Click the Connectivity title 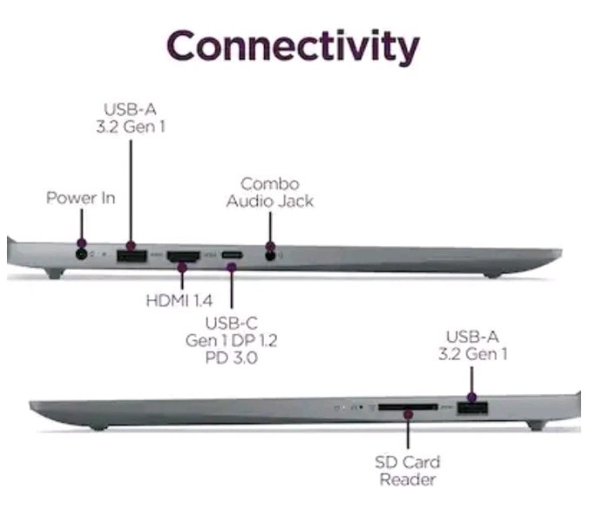(293, 47)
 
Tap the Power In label (80, 198)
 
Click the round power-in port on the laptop (81, 253)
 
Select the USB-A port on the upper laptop (132, 256)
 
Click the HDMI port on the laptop (183, 257)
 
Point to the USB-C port (232, 255)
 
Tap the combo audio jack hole (270, 256)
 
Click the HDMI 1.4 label (179, 300)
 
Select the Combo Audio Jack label (270, 192)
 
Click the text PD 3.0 (232, 358)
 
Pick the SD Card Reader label (408, 471)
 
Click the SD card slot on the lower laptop (408, 407)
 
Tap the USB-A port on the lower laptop (472, 408)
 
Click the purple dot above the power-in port (82, 243)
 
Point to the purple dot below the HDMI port (182, 268)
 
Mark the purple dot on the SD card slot (408, 414)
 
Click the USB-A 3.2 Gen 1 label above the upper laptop (131, 117)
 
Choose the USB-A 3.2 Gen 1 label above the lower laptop (472, 345)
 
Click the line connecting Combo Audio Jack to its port (270, 228)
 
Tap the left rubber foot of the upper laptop (55, 273)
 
